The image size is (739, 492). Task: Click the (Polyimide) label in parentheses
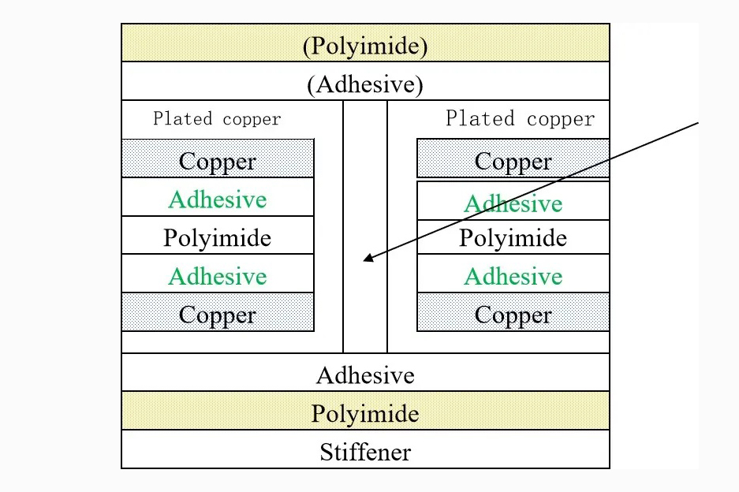click(x=365, y=46)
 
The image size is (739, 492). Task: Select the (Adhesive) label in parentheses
click(x=365, y=84)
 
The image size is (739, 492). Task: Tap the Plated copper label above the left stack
click(x=217, y=119)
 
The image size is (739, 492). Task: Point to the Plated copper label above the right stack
click(x=520, y=119)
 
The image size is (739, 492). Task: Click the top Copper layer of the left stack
click(x=218, y=161)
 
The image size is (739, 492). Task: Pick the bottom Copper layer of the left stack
click(x=218, y=315)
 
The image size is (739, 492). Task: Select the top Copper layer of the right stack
click(x=513, y=161)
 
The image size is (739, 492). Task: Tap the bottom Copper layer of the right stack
click(x=513, y=315)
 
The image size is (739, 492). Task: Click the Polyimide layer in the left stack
click(x=218, y=237)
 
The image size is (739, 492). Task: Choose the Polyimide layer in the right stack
click(x=513, y=237)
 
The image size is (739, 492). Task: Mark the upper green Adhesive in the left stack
click(x=218, y=199)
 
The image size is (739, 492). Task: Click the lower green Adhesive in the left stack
click(x=218, y=276)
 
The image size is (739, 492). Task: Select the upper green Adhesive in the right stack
click(x=513, y=203)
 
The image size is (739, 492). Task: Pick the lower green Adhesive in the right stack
click(x=513, y=276)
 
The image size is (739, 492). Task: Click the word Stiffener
click(x=365, y=452)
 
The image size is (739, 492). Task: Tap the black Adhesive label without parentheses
click(x=365, y=375)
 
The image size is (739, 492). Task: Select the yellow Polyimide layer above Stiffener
click(x=365, y=413)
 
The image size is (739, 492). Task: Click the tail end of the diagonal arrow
click(x=699, y=122)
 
